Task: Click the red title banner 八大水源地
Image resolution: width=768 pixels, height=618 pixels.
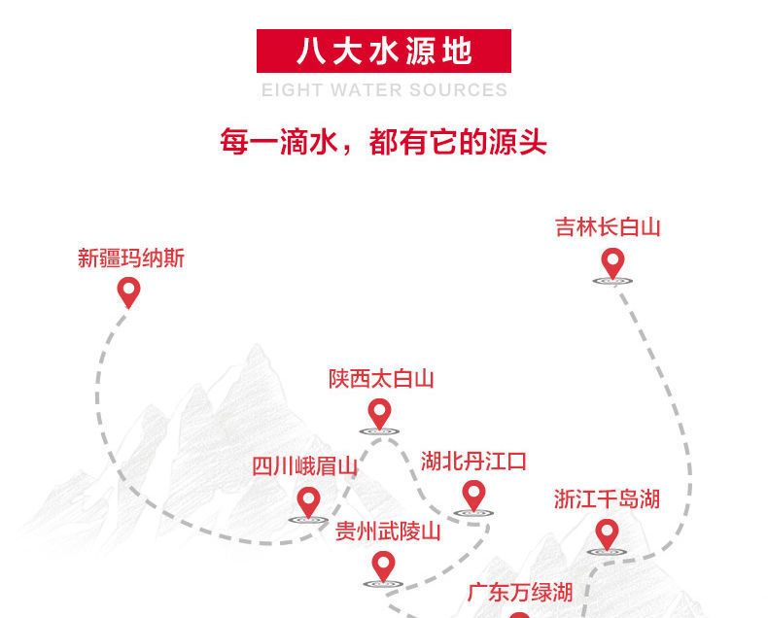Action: coord(383,51)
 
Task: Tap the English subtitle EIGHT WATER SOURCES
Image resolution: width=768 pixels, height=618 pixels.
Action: coord(385,90)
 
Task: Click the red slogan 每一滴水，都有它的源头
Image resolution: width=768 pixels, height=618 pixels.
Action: coord(383,142)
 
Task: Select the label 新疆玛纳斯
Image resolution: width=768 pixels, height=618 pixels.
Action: coord(131,258)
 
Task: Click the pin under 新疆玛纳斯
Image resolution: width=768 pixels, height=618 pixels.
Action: coord(129,292)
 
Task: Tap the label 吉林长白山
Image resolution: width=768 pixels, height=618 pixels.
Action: coord(608,227)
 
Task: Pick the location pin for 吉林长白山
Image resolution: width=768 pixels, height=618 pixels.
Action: coord(612,264)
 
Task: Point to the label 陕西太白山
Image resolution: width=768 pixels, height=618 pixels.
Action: coord(381,379)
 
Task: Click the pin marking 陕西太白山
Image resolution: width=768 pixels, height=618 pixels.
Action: coord(379,415)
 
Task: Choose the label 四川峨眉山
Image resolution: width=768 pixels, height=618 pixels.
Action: coord(304,465)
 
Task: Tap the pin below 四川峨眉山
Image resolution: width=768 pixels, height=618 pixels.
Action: coord(308,503)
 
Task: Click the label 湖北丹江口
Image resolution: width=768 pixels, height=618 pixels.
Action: coord(473,462)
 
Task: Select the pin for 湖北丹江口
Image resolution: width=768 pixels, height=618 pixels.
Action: coord(473,497)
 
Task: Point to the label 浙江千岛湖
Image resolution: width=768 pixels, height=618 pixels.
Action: coord(607,499)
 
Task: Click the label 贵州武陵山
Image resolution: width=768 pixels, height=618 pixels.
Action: coord(388,532)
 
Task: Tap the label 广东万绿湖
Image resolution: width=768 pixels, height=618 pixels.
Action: coord(520,593)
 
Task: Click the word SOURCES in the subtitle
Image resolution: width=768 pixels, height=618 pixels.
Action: coord(459,90)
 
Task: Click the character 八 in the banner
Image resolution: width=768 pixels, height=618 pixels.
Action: coord(311,51)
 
